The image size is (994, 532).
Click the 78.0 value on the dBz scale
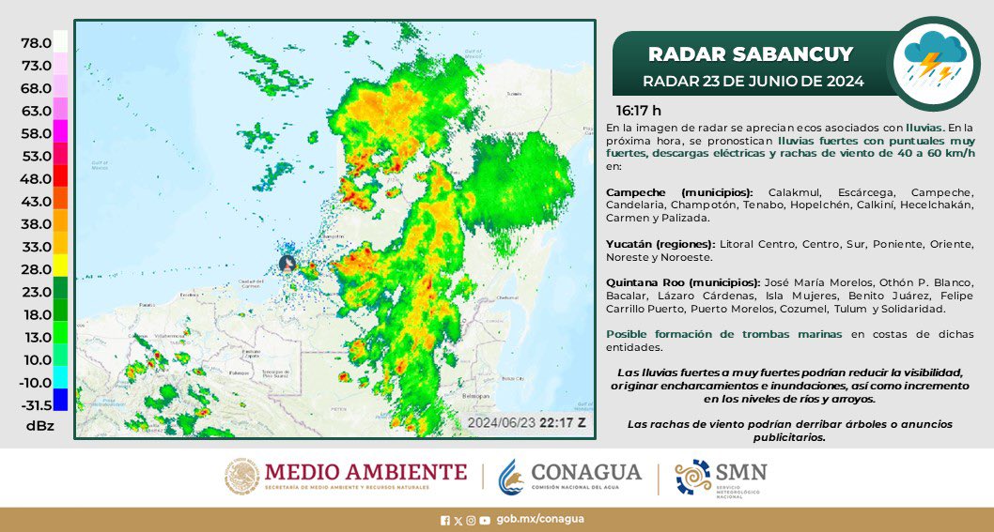[x=36, y=43]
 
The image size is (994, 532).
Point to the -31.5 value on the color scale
[x=36, y=404]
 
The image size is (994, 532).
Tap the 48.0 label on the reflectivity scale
[x=36, y=178]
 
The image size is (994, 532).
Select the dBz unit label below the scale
[x=39, y=426]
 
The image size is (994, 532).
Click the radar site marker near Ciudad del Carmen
[x=289, y=265]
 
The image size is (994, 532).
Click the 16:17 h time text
[x=626, y=110]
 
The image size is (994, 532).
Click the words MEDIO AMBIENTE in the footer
[x=365, y=471]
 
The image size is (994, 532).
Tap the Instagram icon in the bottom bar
[x=471, y=519]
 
